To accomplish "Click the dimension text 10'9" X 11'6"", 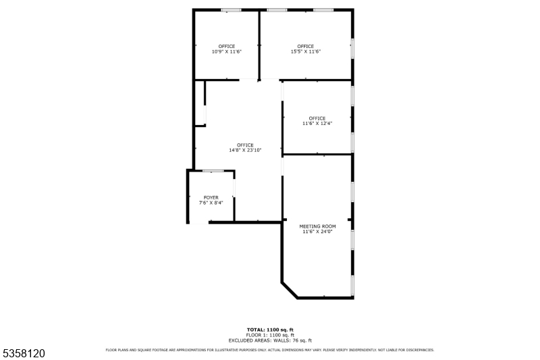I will coord(226,51).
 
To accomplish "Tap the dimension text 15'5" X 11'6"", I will coord(305,51).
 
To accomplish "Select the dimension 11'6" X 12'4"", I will coord(317,124).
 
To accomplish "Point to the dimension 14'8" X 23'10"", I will coord(245,150).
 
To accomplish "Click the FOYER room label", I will coord(211,197).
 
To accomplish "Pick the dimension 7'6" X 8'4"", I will coord(211,203).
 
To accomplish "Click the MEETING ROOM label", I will coord(317,226).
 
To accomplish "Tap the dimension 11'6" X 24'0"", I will coord(317,232).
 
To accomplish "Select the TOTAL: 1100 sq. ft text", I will coord(270,330).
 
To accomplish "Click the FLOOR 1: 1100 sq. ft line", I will coord(270,335).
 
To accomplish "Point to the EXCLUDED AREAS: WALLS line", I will coord(270,340).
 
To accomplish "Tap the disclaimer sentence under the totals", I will coord(270,350).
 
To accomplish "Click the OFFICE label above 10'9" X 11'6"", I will coord(226,46).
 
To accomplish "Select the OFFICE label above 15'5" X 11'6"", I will coord(305,46).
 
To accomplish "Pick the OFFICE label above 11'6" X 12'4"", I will coord(317,118).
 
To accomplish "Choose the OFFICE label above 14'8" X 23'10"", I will coord(245,145).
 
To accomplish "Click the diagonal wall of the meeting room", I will coord(290,289).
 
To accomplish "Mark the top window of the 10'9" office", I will coord(232,10).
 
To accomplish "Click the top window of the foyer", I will coord(213,171).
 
